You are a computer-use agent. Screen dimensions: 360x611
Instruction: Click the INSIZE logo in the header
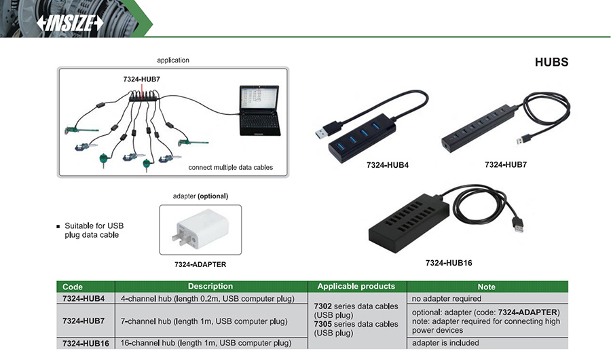(69, 22)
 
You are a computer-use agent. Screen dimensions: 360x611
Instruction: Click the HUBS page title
(551, 62)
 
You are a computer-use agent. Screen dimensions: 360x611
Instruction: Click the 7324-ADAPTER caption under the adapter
(200, 264)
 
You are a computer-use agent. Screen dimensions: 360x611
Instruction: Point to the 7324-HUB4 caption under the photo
(387, 165)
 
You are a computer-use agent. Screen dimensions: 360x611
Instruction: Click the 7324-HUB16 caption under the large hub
(448, 262)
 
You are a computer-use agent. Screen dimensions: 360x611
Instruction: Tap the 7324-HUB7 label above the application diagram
(141, 79)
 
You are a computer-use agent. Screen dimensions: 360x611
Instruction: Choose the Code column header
(73, 287)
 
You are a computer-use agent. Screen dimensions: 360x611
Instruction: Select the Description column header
(210, 287)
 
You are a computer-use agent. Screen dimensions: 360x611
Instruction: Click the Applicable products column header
(356, 287)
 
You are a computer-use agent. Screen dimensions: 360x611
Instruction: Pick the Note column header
(486, 287)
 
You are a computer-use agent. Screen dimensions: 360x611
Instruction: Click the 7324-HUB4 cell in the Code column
(84, 298)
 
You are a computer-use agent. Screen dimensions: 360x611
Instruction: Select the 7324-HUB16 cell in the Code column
(86, 343)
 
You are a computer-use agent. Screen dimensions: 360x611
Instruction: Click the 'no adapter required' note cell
(447, 298)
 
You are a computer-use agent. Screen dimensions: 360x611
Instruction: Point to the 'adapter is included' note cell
(445, 343)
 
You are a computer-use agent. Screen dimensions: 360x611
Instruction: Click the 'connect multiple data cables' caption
(231, 167)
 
